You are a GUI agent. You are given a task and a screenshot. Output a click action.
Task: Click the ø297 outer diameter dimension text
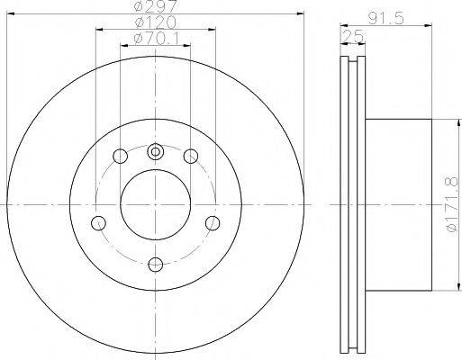(155, 6)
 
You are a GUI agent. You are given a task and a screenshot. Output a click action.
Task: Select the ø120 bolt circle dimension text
(156, 22)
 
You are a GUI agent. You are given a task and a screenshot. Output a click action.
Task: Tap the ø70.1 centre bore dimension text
(156, 39)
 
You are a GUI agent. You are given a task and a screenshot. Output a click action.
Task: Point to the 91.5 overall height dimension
(385, 19)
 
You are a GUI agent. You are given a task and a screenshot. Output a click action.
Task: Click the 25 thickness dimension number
(353, 37)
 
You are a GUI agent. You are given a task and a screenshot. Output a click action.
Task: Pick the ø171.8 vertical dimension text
(453, 204)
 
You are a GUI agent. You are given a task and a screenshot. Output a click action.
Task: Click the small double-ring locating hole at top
(155, 152)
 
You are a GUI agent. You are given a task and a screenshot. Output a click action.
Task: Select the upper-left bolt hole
(120, 156)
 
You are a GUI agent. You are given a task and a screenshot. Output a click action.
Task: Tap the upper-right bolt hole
(191, 156)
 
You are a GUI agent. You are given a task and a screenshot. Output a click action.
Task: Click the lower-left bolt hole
(98, 223)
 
